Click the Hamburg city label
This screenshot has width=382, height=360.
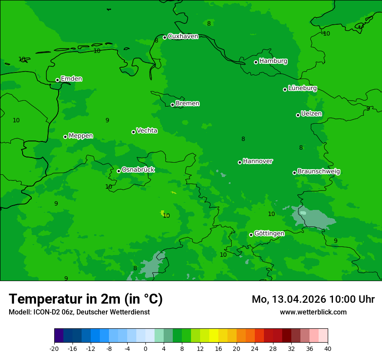pyautogui.click(x=273, y=61)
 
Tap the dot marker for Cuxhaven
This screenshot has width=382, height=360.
pyautogui.click(x=165, y=37)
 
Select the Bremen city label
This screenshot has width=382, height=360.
pyautogui.click(x=188, y=104)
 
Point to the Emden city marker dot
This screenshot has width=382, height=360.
pyautogui.click(x=57, y=80)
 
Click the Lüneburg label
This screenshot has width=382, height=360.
pyautogui.click(x=303, y=88)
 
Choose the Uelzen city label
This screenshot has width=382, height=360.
pyautogui.click(x=311, y=114)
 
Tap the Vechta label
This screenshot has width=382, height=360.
pyautogui.click(x=147, y=131)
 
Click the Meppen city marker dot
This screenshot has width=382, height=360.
pyautogui.click(x=65, y=137)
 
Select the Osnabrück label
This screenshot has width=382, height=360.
pyautogui.click(x=138, y=170)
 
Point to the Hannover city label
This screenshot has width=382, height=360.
pyautogui.click(x=257, y=161)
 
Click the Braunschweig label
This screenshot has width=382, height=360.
pyautogui.click(x=319, y=172)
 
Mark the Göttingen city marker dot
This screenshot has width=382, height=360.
pyautogui.click(x=251, y=235)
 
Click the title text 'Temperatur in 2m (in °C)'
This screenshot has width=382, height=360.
pyautogui.click(x=86, y=299)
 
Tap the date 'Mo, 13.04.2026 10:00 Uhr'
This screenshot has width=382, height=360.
pyautogui.click(x=313, y=299)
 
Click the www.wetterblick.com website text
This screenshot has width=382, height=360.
pyautogui.click(x=313, y=312)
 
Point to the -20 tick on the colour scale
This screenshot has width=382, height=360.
pyautogui.click(x=54, y=349)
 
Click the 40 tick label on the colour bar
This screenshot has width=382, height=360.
pyautogui.click(x=328, y=349)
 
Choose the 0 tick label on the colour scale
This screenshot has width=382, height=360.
pyautogui.click(x=145, y=349)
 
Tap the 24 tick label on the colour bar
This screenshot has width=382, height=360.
pyautogui.click(x=255, y=349)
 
